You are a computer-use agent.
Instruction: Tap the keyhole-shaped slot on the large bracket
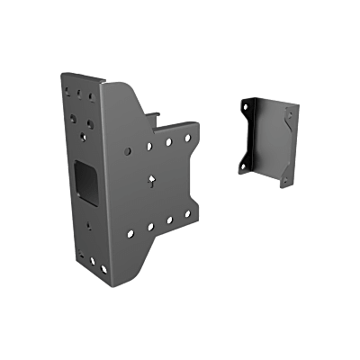point(153,180)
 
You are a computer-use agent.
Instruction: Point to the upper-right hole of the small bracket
point(288,112)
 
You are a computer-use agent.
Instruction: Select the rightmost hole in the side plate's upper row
point(187,137)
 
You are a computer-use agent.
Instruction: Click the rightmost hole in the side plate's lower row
point(187,214)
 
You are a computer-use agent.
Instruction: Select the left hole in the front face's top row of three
point(67,90)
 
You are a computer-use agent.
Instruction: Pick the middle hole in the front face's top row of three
point(79,92)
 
